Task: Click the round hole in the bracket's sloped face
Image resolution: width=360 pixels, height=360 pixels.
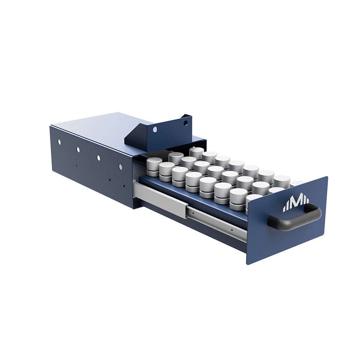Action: [x=155, y=129]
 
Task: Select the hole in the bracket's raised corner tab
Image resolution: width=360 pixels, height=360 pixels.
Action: [x=185, y=123]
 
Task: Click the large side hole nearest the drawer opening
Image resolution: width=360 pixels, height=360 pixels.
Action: [x=120, y=167]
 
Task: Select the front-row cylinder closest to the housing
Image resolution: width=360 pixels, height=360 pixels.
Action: [x=154, y=166]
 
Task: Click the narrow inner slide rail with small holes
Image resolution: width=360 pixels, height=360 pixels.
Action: [x=216, y=222]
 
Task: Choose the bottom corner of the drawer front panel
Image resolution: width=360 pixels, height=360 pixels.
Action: [x=248, y=263]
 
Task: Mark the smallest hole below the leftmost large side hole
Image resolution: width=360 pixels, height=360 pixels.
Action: [x=77, y=165]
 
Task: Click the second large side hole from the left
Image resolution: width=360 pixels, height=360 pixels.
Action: [x=78, y=149]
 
